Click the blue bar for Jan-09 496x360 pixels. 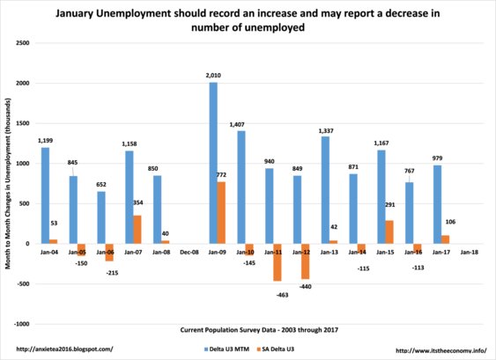point(213,163)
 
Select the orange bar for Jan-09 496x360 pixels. point(221,213)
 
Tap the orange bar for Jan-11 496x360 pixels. point(278,262)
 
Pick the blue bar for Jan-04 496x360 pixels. point(46,195)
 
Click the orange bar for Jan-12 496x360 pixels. point(305,261)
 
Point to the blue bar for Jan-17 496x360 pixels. point(438,204)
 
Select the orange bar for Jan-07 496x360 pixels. point(137,230)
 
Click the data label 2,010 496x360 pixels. point(213,76)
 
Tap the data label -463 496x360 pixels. point(282,295)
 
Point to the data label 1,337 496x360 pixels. point(326,131)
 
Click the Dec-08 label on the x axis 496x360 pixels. point(189,253)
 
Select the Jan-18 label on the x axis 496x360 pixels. point(470,253)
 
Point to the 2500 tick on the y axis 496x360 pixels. point(22,43)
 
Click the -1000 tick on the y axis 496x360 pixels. point(21,324)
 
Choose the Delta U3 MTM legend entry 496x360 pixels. point(226,349)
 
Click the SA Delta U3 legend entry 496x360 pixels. point(276,349)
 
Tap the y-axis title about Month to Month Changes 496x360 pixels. point(8,184)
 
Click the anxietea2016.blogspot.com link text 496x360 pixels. point(64,349)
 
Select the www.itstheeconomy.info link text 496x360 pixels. point(441,350)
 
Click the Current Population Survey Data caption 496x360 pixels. point(259,330)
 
